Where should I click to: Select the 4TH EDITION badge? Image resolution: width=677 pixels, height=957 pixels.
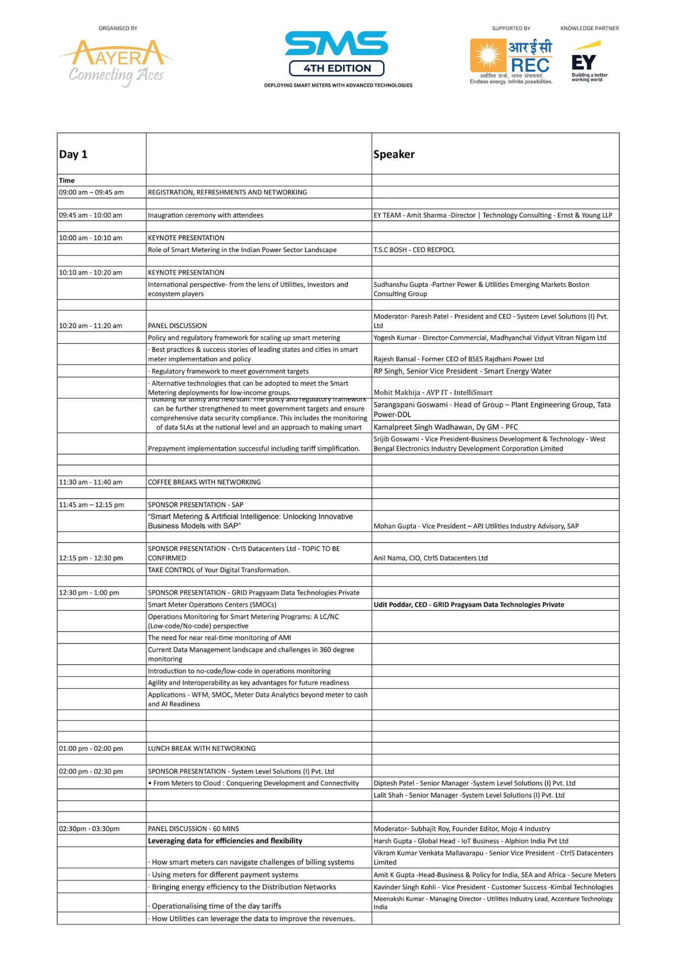tap(337, 68)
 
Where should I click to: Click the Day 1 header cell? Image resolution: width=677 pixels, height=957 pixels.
tap(73, 154)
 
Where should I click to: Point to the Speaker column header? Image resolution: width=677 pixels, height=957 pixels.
tap(394, 154)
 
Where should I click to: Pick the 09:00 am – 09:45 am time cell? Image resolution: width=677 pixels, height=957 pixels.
tap(91, 192)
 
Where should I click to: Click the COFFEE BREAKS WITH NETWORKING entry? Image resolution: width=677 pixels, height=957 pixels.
tap(204, 482)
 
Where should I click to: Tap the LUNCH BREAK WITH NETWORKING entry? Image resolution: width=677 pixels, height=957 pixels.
tap(202, 748)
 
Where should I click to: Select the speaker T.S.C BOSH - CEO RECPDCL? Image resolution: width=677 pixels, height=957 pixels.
tap(414, 250)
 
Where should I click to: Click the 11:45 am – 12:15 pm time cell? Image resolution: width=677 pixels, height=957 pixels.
tap(91, 505)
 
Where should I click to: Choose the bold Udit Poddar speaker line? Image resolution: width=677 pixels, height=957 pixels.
tap(469, 605)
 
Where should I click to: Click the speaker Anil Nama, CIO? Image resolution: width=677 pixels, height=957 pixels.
tap(430, 558)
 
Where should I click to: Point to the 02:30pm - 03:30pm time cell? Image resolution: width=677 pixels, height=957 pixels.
tap(90, 829)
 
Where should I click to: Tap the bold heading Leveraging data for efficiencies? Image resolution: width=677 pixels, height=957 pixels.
tap(225, 841)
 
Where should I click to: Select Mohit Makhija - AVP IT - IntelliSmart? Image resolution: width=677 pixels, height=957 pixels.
tap(433, 392)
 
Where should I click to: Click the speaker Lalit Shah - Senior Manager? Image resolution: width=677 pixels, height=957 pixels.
tap(469, 795)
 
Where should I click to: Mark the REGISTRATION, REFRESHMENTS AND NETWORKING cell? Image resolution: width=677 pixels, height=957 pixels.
tap(227, 192)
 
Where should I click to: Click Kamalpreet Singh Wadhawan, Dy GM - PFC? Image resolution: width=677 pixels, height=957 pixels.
tap(446, 427)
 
